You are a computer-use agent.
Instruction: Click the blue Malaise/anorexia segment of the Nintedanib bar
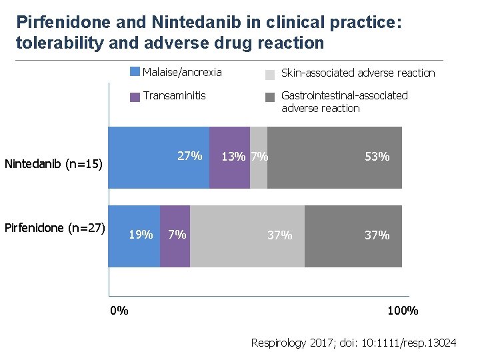pos(159,157)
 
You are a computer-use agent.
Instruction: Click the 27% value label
pos(189,156)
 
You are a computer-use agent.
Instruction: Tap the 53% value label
pos(377,157)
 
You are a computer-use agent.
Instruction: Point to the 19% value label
pos(140,235)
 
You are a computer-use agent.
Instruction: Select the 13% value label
pos(233,157)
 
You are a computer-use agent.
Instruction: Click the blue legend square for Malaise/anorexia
pos(135,72)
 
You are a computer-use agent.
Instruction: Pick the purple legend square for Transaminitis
pos(135,97)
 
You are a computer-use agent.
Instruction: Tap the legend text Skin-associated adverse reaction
pos(358,73)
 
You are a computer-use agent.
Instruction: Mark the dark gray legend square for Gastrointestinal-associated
pos(270,97)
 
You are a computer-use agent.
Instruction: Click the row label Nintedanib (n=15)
pos(53,163)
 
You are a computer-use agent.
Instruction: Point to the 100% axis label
pos(403,311)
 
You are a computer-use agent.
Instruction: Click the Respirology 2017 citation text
pos(353,343)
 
